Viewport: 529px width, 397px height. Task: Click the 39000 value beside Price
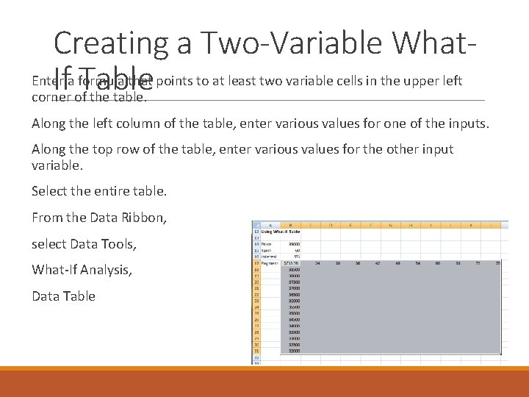295,243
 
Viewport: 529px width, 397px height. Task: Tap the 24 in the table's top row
317,262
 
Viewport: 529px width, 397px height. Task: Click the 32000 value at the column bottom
295,351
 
